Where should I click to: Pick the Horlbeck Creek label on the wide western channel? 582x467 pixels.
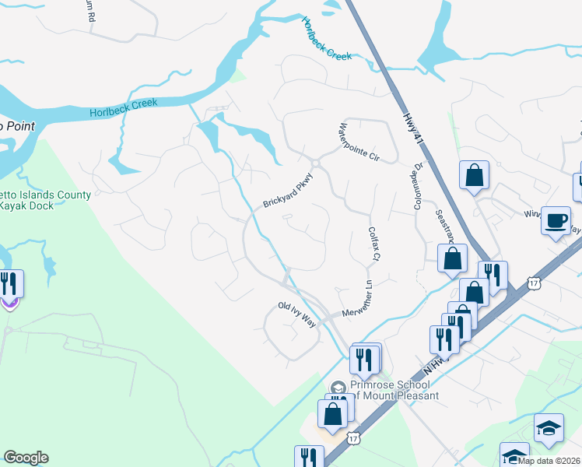click(x=123, y=107)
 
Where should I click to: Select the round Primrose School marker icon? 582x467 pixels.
click(x=338, y=387)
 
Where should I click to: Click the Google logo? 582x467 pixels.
click(x=26, y=458)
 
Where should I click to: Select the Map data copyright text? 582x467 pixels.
click(x=549, y=461)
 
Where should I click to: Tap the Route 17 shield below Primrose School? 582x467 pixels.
click(x=353, y=440)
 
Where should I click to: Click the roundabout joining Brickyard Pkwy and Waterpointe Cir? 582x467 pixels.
click(x=315, y=163)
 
